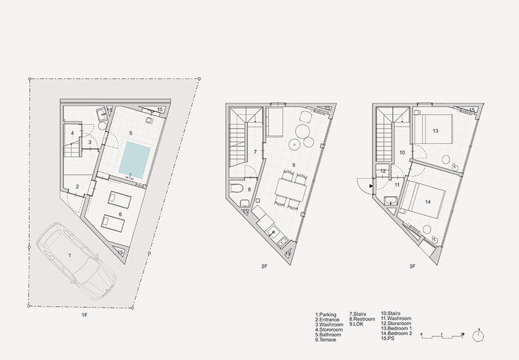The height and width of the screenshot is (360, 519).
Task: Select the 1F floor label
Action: (x=85, y=316)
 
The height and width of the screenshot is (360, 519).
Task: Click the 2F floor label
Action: (x=264, y=266)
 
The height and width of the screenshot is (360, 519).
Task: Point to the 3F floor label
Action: (x=412, y=266)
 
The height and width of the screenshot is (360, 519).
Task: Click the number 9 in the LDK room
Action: (x=293, y=164)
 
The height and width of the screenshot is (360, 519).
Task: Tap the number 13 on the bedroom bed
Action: (x=435, y=131)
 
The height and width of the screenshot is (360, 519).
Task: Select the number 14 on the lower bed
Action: (x=428, y=202)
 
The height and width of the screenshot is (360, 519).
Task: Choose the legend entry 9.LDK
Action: (x=356, y=324)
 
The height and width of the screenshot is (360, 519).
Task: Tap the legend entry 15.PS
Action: (x=388, y=338)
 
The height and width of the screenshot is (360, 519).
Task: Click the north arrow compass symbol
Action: (x=478, y=335)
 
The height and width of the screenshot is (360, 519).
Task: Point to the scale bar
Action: (x=442, y=335)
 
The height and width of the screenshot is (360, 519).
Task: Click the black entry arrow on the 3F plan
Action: (x=371, y=186)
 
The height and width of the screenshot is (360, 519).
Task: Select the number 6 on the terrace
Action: (x=120, y=214)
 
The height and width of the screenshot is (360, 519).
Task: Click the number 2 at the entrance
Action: (x=77, y=187)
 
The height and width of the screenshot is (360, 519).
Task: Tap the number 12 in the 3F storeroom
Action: (x=383, y=171)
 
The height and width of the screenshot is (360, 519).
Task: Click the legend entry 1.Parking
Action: (x=325, y=315)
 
